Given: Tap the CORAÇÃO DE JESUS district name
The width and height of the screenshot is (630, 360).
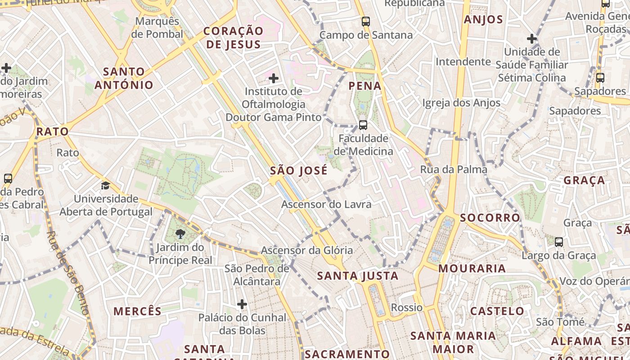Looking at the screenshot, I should (233, 38).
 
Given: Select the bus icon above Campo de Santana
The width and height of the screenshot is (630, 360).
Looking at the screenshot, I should (366, 21).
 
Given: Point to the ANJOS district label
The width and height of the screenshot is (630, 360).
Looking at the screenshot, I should (483, 19).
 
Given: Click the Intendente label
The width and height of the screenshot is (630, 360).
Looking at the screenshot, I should (463, 61).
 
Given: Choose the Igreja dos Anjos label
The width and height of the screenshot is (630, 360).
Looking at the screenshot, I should (461, 103).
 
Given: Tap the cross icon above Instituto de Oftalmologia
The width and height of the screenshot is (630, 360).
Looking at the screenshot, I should (273, 79).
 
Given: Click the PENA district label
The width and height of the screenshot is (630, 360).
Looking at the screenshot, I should (365, 86).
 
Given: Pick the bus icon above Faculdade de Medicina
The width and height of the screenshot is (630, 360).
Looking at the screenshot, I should (363, 125).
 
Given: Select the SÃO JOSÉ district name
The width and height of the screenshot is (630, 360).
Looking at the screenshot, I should (299, 171).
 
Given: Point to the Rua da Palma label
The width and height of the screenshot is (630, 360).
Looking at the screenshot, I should (454, 170).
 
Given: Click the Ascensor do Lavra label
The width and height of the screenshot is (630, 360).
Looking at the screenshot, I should (326, 204).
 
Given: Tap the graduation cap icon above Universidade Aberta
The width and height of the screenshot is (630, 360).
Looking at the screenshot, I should (105, 185).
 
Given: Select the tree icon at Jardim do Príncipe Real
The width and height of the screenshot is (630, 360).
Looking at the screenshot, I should (180, 234).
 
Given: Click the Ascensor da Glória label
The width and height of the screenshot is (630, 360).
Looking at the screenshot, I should (307, 251).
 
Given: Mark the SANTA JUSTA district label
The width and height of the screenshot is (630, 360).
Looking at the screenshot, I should (358, 276).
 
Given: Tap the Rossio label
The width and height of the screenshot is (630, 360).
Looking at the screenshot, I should (407, 308).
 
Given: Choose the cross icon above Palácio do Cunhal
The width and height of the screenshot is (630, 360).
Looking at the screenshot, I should (242, 305).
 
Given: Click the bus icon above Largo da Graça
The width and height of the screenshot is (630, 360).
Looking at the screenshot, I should (559, 242).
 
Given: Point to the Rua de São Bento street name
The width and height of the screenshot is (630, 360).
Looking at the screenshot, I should (68, 272).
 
